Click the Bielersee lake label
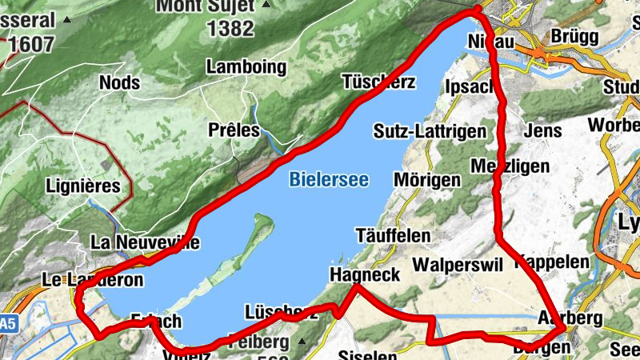point(329,180)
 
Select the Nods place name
point(120,82)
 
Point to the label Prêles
point(234,130)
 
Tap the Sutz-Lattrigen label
point(430,132)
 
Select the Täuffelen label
point(393,237)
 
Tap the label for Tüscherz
point(378,82)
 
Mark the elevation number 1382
point(230,30)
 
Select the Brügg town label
point(574,38)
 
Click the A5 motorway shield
point(8,324)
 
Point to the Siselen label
point(368,354)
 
